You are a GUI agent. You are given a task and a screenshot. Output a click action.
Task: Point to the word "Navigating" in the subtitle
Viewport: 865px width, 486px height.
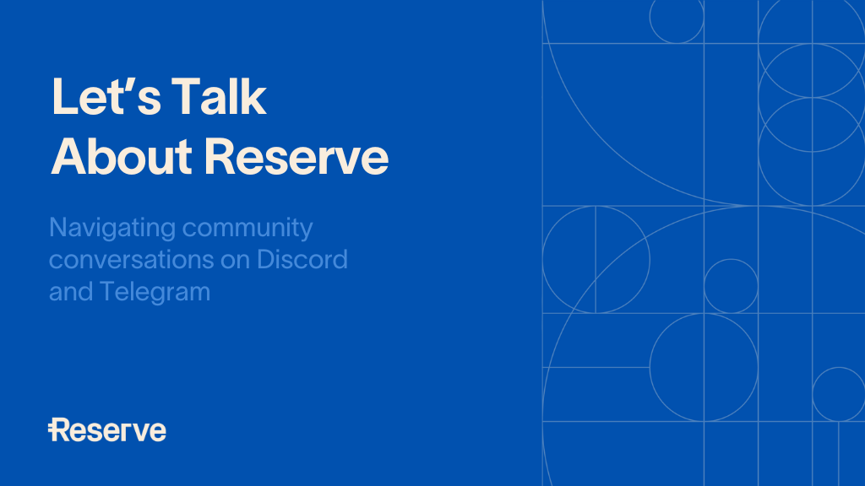(x=112, y=229)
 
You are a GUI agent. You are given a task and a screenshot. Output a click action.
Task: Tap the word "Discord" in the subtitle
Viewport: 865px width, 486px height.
(x=302, y=260)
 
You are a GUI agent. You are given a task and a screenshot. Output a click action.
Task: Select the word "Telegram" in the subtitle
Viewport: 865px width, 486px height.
(x=155, y=291)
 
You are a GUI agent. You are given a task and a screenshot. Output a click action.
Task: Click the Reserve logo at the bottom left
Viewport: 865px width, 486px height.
(x=107, y=430)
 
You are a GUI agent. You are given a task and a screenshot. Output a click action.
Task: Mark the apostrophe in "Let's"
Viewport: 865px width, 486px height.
(x=128, y=86)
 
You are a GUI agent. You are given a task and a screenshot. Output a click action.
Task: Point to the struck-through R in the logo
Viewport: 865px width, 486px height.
(x=58, y=430)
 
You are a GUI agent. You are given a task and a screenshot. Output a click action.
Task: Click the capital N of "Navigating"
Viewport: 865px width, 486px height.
(x=58, y=229)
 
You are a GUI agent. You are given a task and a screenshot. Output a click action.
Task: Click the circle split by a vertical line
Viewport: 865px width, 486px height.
(x=596, y=259)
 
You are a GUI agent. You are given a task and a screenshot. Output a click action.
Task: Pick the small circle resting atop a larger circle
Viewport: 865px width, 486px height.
(x=731, y=286)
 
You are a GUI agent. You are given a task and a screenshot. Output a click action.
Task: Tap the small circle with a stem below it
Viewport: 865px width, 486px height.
(x=838, y=394)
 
